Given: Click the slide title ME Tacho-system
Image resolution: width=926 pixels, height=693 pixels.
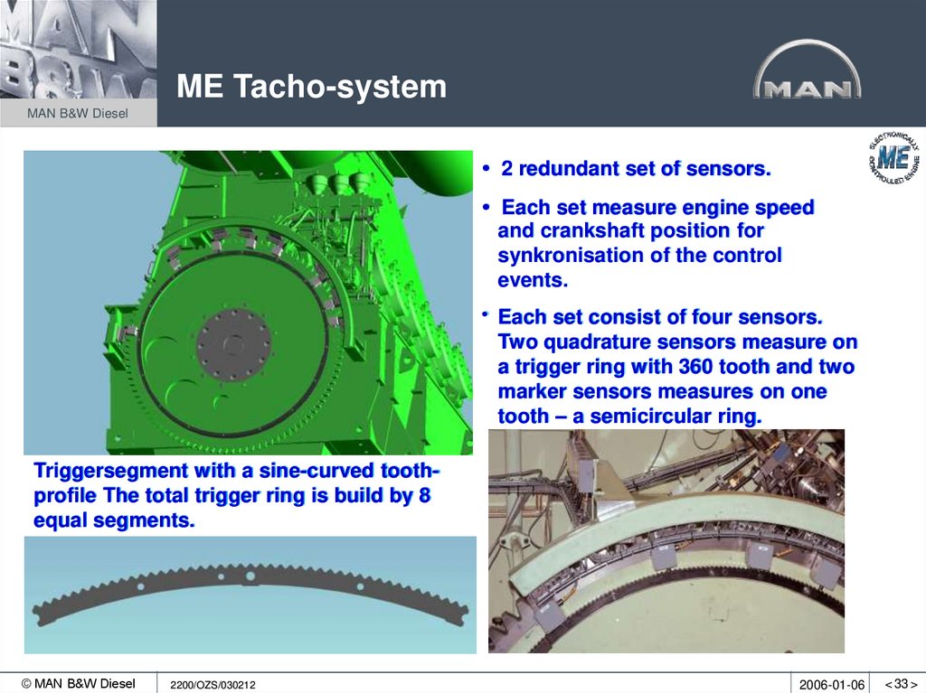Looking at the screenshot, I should [311, 87].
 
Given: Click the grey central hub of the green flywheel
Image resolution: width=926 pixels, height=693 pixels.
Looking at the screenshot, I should [233, 344].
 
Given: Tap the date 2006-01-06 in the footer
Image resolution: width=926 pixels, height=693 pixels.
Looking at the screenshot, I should [832, 684].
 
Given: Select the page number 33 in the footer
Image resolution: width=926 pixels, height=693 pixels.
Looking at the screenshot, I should [901, 684].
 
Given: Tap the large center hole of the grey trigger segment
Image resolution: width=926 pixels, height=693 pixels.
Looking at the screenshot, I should [248, 576].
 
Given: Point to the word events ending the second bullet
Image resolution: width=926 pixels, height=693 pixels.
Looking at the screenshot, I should [533, 280].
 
